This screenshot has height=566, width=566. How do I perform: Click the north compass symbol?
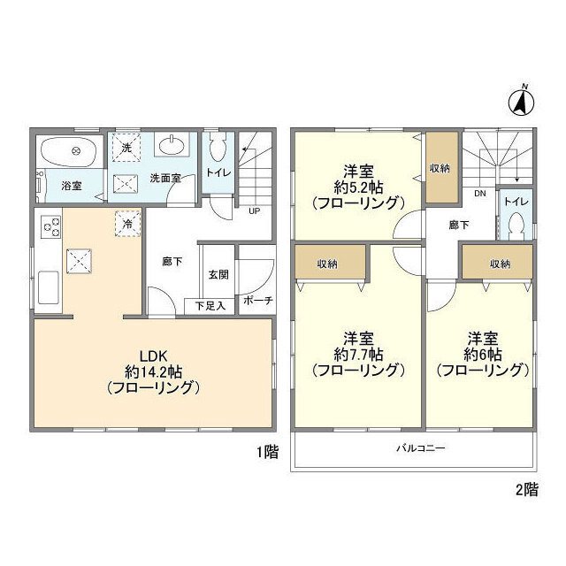pyautogui.click(x=522, y=102)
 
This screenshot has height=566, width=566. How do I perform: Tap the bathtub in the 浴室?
pyautogui.click(x=68, y=151)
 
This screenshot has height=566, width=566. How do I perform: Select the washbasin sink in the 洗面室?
pyautogui.click(x=172, y=144)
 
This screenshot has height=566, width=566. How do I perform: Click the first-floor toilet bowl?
pyautogui.click(x=218, y=148)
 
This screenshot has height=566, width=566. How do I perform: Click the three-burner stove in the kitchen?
pyautogui.click(x=50, y=226)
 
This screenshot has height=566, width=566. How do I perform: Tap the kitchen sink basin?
pyautogui.click(x=49, y=288)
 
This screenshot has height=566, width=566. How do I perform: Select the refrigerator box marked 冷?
pyautogui.click(x=127, y=224)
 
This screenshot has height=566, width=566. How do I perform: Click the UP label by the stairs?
pyautogui.click(x=254, y=210)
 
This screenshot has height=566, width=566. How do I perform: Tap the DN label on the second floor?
pyautogui.click(x=480, y=194)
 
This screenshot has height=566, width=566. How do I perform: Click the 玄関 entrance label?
pyautogui.click(x=218, y=275)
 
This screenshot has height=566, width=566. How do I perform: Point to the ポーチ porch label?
pyautogui.click(x=257, y=300)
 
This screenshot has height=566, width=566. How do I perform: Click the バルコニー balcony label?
pyautogui.click(x=421, y=448)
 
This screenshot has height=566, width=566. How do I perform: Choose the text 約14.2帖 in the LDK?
pyautogui.click(x=153, y=371)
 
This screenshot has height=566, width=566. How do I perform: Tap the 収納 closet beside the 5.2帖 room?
pyautogui.click(x=442, y=167)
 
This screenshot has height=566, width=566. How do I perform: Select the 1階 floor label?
pyautogui.click(x=267, y=452)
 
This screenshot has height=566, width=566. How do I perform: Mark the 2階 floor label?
pyautogui.click(x=527, y=490)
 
